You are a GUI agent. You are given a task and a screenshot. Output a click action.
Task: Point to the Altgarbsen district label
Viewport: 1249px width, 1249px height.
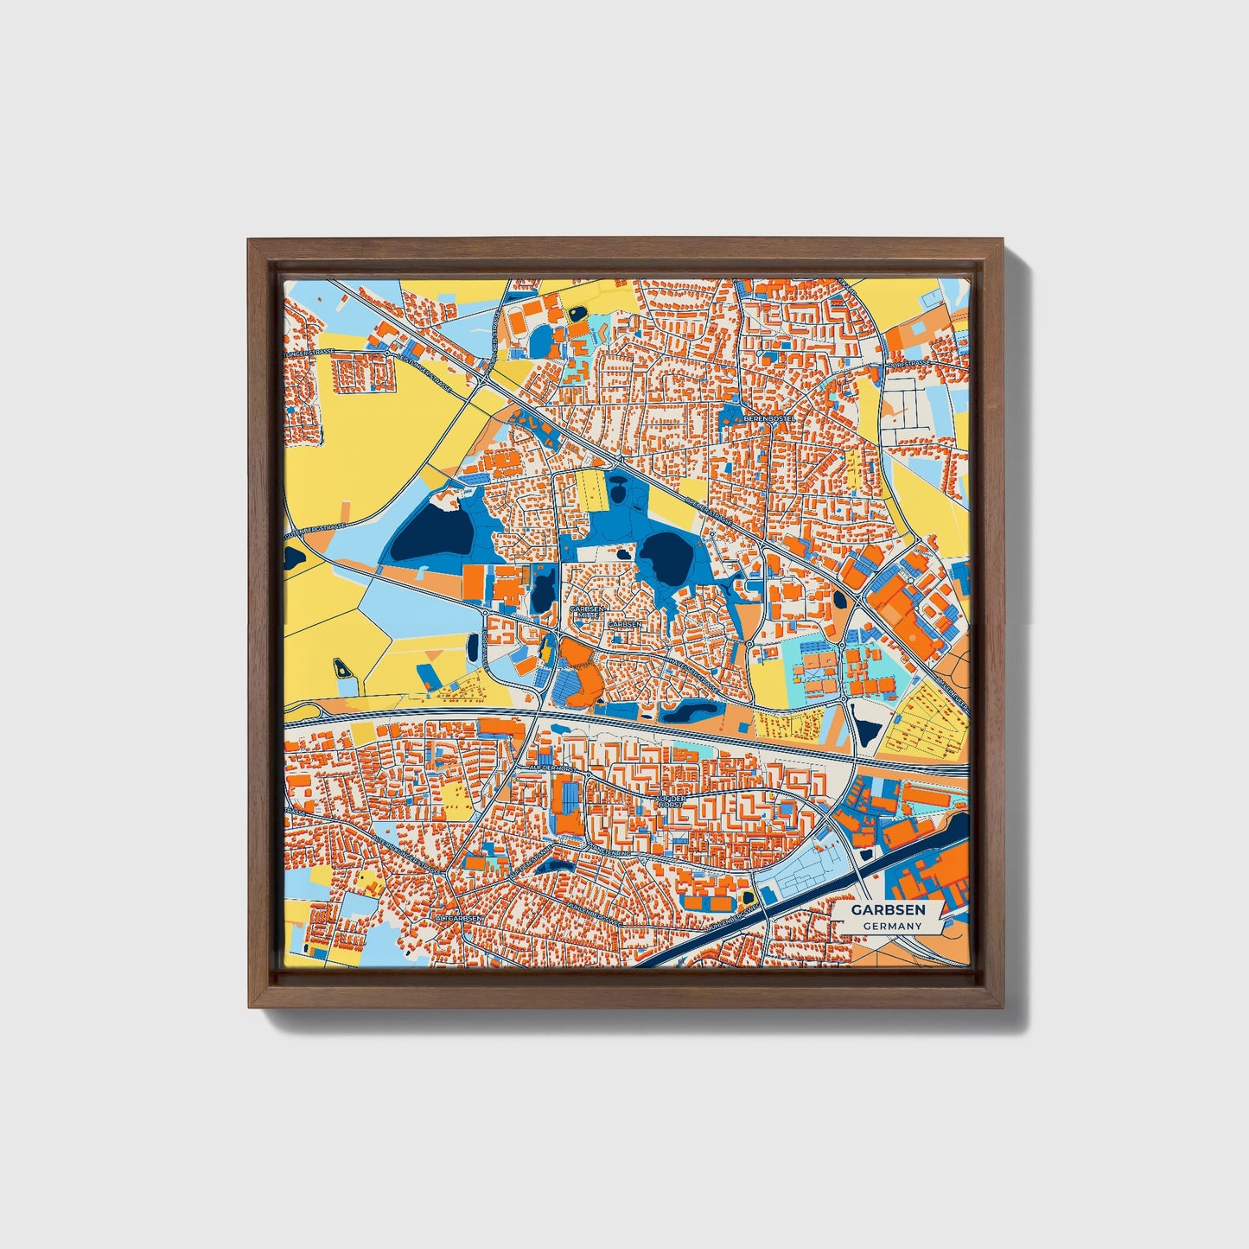point(458,918)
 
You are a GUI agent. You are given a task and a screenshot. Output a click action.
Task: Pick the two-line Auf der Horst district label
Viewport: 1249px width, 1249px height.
point(670,801)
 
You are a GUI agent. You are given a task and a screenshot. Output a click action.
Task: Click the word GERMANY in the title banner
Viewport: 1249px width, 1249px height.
point(892,926)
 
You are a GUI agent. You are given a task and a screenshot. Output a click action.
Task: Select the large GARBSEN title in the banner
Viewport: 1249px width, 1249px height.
point(888,909)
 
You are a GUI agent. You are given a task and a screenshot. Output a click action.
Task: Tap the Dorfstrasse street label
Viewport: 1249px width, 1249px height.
point(907,364)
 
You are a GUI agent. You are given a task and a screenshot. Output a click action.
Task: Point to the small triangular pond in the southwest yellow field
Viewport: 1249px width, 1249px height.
point(342,667)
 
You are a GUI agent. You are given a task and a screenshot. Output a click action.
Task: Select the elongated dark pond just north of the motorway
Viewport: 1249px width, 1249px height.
point(689,713)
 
